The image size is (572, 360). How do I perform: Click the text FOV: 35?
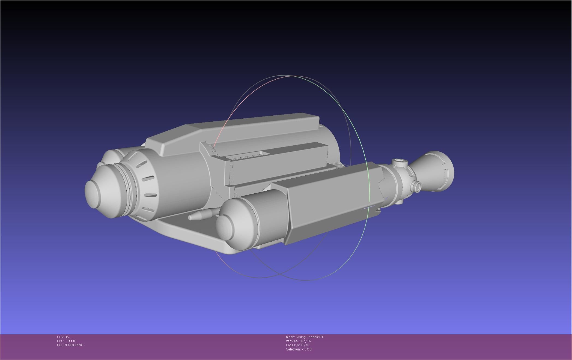click(x=63, y=337)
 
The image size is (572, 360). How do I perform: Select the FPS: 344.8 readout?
click(x=66, y=341)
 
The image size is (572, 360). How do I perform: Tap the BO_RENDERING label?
click(x=70, y=345)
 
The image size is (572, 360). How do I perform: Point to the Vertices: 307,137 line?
click(x=299, y=341)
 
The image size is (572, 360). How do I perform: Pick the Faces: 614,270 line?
click(x=297, y=345)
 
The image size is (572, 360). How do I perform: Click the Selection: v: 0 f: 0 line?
click(x=299, y=349)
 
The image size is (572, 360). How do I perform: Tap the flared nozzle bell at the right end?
click(x=434, y=170)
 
